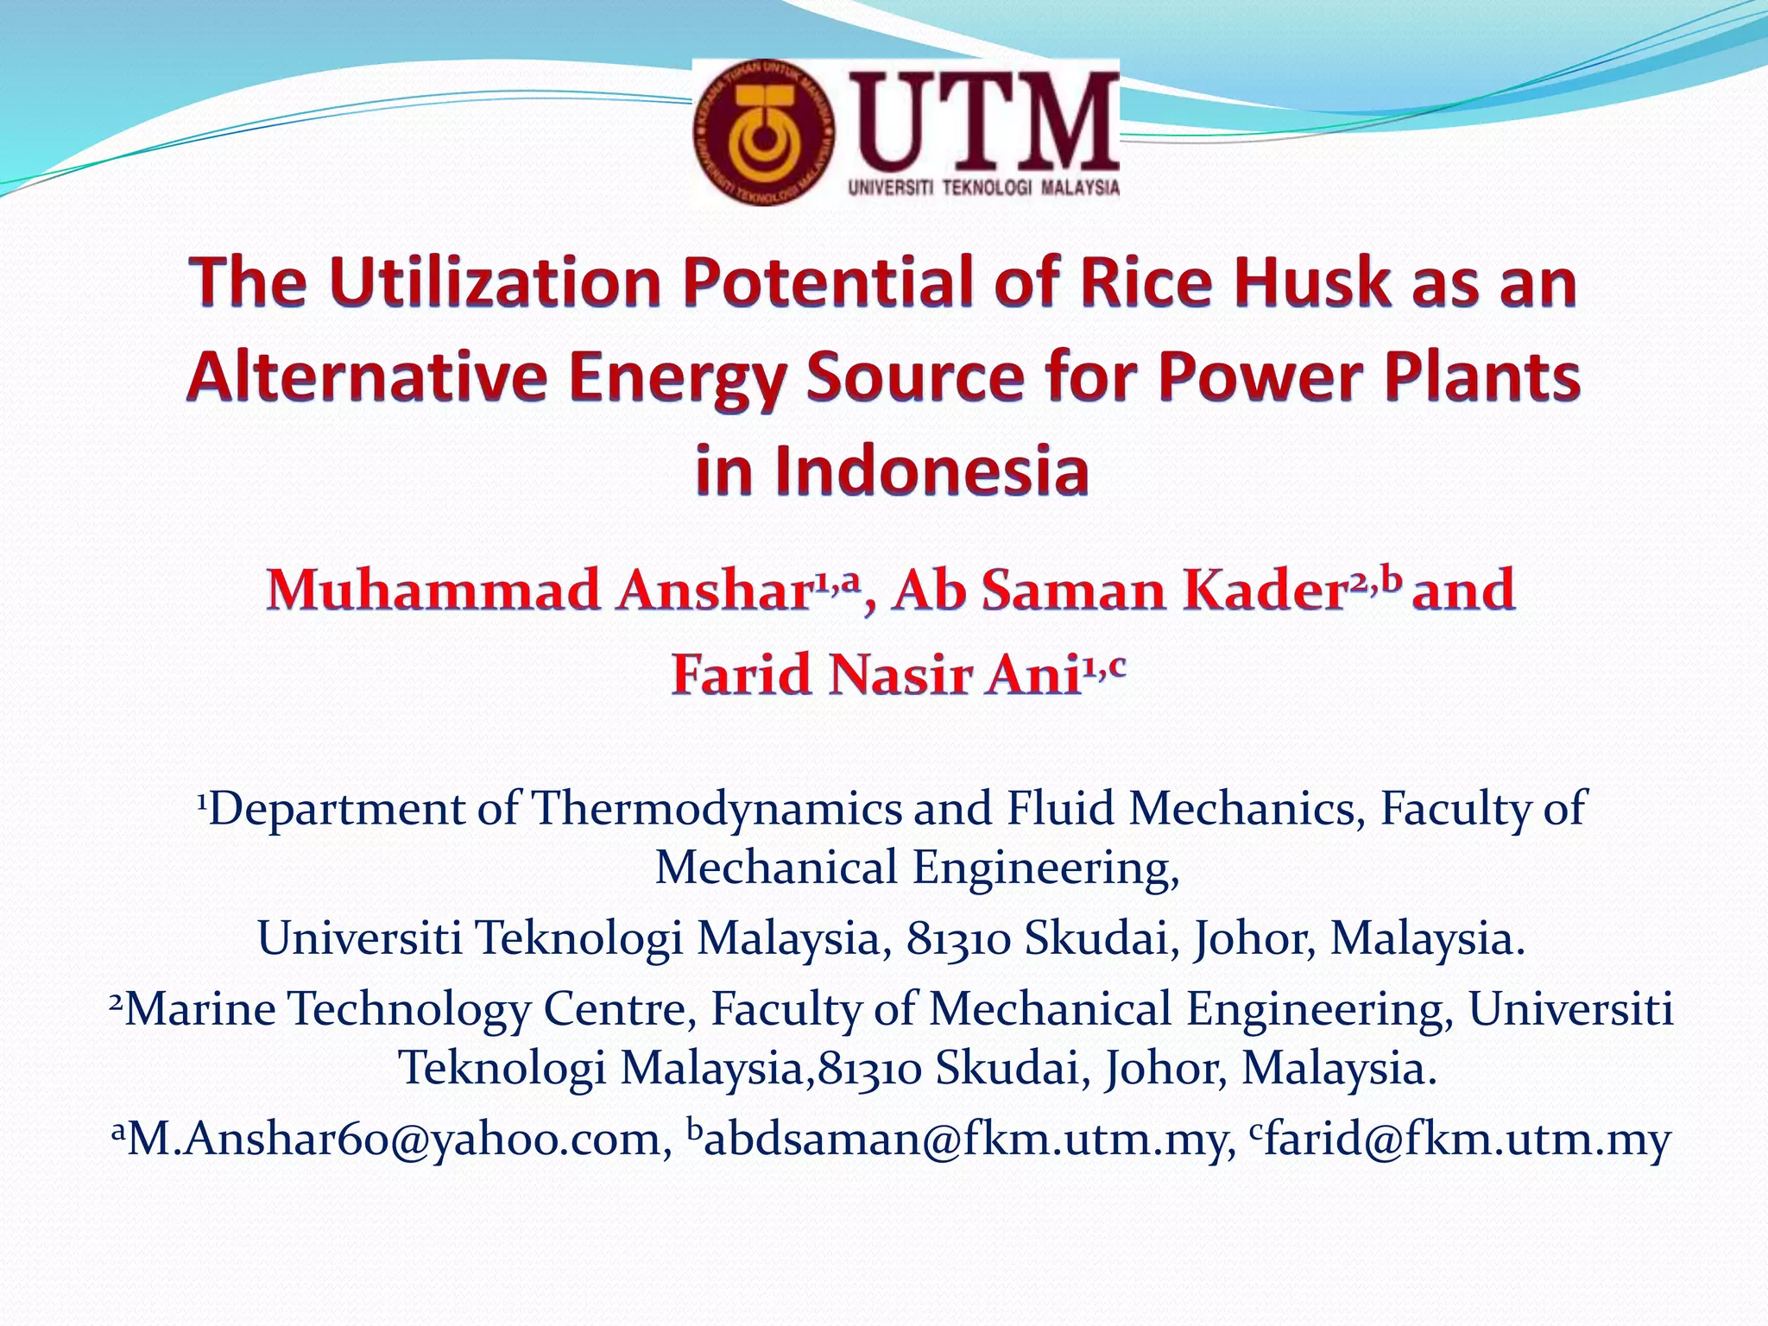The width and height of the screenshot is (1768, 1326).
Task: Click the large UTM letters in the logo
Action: [984, 121]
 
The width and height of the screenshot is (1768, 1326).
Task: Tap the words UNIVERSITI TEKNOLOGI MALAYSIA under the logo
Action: [984, 187]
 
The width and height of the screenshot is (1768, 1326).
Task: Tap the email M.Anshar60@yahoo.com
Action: [393, 1140]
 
